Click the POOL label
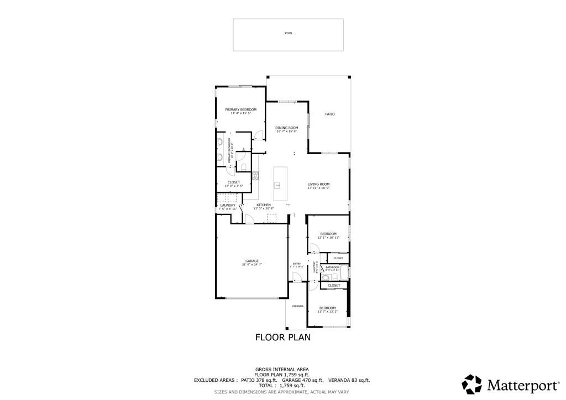288,33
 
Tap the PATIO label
329,114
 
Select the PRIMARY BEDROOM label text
240,109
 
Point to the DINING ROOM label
286,128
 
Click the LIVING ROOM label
318,184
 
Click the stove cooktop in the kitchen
255,177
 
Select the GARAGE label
251,261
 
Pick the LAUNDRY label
227,205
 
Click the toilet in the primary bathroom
243,167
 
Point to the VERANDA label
297,306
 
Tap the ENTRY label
297,264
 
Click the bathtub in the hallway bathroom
343,272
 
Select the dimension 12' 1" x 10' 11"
328,238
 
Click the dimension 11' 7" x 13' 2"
327,312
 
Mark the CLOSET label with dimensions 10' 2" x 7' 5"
233,186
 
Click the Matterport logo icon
471,384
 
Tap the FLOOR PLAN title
282,337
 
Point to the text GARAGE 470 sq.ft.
302,380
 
